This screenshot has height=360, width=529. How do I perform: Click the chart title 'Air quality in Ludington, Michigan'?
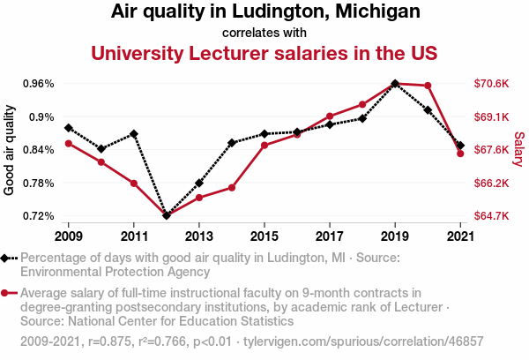point(265,12)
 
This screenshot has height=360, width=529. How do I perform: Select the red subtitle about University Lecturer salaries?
point(264,53)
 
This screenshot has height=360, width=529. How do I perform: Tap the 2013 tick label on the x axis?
point(199,236)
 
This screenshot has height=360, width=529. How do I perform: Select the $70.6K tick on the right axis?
point(491,84)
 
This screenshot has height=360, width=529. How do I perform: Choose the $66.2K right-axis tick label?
point(491,184)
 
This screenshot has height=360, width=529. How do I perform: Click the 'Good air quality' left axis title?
point(10,150)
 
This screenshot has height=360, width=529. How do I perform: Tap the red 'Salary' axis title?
point(519,150)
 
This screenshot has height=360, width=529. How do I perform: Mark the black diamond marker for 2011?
point(134,133)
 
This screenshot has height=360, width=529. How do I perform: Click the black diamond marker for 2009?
point(69,128)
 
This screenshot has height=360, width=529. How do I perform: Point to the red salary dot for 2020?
point(428,86)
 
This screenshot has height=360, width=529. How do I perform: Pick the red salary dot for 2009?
point(69,143)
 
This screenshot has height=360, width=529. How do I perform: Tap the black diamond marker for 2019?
point(395,84)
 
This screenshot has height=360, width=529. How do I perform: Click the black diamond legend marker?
point(6,258)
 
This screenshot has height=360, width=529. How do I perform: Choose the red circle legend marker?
point(6,293)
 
